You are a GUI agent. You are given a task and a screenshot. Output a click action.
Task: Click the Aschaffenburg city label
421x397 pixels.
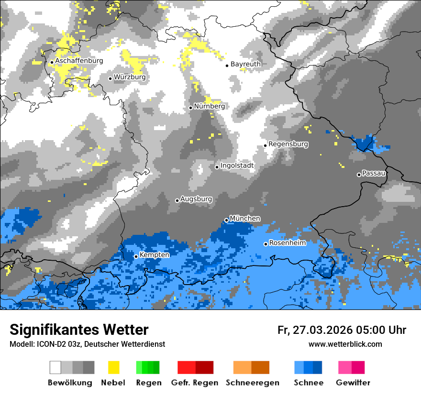coord(79,61)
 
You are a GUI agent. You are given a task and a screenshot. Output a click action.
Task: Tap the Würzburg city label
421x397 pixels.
coord(130,77)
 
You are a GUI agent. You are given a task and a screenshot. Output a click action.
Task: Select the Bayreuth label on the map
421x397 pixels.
coord(245,64)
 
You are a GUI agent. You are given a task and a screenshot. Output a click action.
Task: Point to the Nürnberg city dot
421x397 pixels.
coord(190,108)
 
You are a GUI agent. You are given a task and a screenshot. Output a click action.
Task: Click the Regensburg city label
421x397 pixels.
coord(288,144)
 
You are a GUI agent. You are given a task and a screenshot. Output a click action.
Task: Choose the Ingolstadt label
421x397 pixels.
coord(237,165)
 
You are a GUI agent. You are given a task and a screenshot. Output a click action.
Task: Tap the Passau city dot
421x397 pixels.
coord(359,175)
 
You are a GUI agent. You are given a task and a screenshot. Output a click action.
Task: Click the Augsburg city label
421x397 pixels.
coord(196,199)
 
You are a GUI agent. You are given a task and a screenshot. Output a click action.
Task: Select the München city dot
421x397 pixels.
coord(226,220)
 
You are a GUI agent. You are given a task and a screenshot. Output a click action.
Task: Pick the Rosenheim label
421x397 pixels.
coord(287,243)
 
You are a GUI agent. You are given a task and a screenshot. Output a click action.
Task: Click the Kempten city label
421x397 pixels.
coord(155,255)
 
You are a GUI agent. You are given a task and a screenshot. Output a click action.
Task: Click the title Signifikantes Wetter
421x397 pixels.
coord(79,330)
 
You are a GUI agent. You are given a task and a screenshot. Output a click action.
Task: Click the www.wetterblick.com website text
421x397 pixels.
coord(345,344)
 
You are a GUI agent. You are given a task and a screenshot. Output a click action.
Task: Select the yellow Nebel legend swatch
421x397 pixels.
coord(113,367)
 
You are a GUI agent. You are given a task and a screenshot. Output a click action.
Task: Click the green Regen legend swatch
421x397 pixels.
coord(148,367)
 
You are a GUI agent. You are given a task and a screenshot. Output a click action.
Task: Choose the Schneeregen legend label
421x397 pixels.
coord(253,383)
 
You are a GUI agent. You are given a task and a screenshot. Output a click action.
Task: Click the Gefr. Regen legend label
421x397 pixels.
coord(194,383)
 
